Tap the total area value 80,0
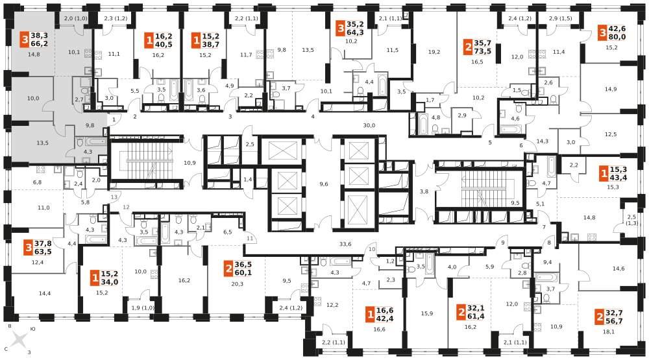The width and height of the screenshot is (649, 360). pyautogui.click(x=617, y=37)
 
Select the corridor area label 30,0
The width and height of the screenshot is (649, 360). pyautogui.click(x=369, y=125)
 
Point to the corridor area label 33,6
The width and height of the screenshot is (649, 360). pyautogui.click(x=345, y=244)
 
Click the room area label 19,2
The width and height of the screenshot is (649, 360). pyautogui.click(x=434, y=52)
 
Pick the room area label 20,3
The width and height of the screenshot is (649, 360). pyautogui.click(x=237, y=284)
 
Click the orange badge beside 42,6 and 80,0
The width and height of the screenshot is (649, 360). pyautogui.click(x=602, y=32)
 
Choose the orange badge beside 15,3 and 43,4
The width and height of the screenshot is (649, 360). pyautogui.click(x=604, y=173)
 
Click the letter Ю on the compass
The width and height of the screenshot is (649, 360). pyautogui.click(x=32, y=330)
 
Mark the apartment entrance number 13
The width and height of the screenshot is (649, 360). pyautogui.click(x=114, y=197)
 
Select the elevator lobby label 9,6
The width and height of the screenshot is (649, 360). pyautogui.click(x=324, y=184)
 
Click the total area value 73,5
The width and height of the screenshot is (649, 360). pyautogui.click(x=482, y=51)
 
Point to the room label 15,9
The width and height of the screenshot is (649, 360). pyautogui.click(x=427, y=313)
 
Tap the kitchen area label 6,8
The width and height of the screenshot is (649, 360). pyautogui.click(x=37, y=182)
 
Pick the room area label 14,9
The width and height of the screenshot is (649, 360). pyautogui.click(x=611, y=89)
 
